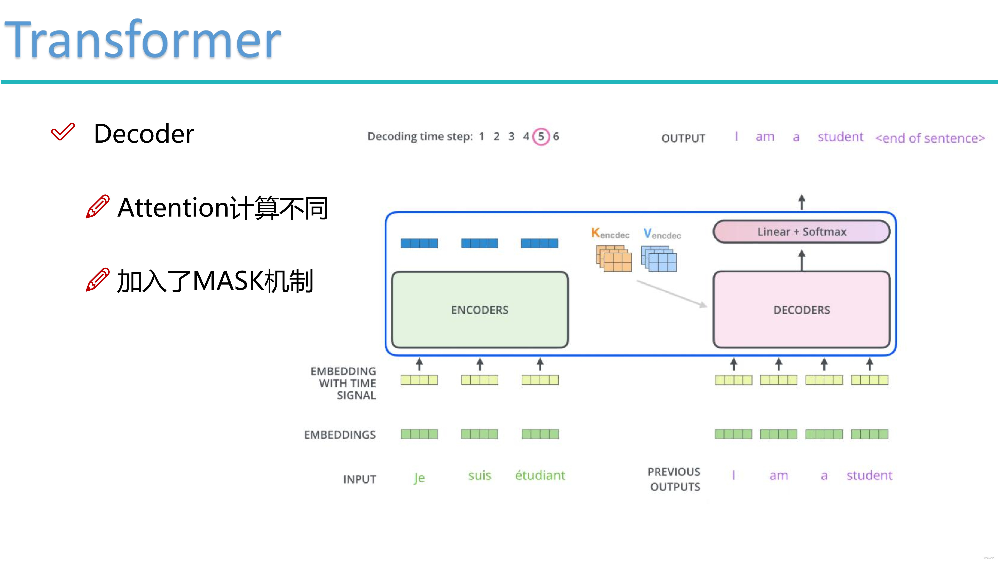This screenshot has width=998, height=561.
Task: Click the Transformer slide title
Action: (142, 40)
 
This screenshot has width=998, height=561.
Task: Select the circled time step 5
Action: (541, 136)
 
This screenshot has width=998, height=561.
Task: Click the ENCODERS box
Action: (480, 310)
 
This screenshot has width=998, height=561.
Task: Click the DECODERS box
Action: (802, 310)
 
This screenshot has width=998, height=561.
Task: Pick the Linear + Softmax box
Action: (802, 232)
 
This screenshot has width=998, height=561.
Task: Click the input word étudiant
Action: (540, 475)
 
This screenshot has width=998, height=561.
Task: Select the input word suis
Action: (480, 475)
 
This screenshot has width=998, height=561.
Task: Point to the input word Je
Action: (419, 477)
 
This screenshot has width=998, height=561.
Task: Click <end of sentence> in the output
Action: (930, 138)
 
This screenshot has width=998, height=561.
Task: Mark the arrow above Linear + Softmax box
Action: (802, 202)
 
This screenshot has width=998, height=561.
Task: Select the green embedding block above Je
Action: (419, 434)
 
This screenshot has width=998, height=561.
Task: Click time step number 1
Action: (482, 136)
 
